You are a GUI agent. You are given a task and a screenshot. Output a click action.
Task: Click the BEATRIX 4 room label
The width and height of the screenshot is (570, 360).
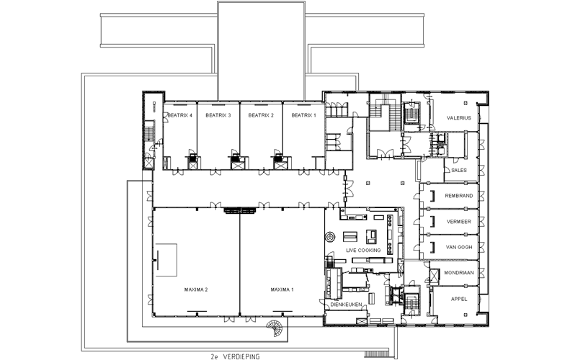pyautogui.click(x=180, y=115)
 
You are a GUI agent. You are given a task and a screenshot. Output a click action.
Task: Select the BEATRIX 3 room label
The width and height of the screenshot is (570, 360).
pyautogui.click(x=218, y=115)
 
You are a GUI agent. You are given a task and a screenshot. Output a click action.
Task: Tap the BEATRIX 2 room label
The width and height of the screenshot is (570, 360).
pyautogui.click(x=261, y=115)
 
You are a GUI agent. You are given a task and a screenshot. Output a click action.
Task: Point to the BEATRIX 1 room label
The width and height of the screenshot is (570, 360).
pyautogui.click(x=304, y=115)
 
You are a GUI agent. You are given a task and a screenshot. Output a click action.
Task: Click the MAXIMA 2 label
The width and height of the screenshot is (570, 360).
pyautogui.click(x=196, y=290)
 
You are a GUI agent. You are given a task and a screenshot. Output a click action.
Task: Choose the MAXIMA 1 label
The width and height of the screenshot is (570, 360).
pyautogui.click(x=282, y=290)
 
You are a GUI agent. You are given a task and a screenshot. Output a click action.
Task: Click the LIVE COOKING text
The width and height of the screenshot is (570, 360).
pyautogui.click(x=363, y=251)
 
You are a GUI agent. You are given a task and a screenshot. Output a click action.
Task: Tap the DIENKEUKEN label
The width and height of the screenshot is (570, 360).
pyautogui.click(x=346, y=305)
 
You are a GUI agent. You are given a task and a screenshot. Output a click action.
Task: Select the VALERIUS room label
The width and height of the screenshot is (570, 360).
pyautogui.click(x=459, y=118)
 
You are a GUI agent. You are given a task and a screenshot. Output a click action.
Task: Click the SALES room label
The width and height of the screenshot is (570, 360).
pyautogui.click(x=459, y=170)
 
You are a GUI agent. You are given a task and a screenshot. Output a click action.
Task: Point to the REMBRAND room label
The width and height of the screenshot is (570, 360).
pyautogui.click(x=459, y=196)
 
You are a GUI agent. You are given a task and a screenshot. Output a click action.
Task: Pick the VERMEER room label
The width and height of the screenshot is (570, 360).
pyautogui.click(x=459, y=222)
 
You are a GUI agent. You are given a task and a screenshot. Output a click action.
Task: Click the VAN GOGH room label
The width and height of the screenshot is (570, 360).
pyautogui.click(x=459, y=248)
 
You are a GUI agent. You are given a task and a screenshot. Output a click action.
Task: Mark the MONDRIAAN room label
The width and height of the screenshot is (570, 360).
pyautogui.click(x=459, y=273)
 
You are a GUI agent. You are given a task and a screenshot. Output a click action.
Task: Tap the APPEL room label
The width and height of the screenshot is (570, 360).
pyautogui.click(x=459, y=300)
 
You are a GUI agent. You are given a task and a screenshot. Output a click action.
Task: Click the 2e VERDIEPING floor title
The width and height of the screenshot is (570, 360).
pyautogui.click(x=236, y=356)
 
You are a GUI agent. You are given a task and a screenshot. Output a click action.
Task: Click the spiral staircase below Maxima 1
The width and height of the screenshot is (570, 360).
pyautogui.click(x=275, y=329)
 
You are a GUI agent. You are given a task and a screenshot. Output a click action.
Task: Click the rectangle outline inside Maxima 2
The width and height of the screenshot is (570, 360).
pyautogui.click(x=166, y=260)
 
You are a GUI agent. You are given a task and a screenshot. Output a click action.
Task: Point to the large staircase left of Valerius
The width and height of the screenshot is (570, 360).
pyautogui.click(x=385, y=112)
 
